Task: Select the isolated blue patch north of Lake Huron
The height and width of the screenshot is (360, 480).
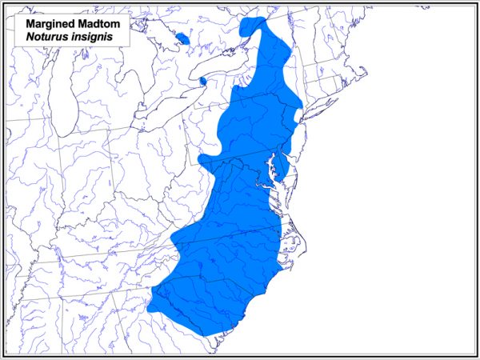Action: point(182,38)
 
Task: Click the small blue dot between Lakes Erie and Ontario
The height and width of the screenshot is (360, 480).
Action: point(202,80)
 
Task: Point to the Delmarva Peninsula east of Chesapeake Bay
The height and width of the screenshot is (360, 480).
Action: point(284,172)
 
